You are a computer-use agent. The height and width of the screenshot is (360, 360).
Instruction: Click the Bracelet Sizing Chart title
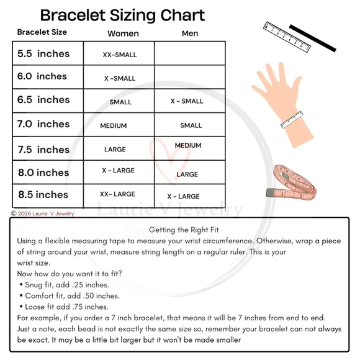tap(122, 16)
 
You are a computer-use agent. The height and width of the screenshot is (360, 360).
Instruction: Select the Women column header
tap(123, 34)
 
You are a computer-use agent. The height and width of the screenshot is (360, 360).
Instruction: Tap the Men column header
tap(190, 34)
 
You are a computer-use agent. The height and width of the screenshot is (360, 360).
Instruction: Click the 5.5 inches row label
tap(43, 54)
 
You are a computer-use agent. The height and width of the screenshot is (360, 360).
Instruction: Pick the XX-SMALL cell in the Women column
tap(120, 55)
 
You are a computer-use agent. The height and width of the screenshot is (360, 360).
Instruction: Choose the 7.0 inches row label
tap(43, 124)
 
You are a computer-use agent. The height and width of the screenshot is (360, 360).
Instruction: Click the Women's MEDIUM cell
tap(114, 126)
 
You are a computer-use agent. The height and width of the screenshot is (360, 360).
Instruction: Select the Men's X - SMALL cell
tap(187, 101)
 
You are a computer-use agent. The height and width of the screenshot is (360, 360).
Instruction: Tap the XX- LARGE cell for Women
tap(117, 194)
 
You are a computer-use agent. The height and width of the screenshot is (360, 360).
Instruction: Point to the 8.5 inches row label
tap(43, 195)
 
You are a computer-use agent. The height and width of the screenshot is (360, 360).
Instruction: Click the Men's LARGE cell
tap(187, 174)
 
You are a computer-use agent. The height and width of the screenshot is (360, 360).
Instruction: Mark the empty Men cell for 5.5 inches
tap(190, 53)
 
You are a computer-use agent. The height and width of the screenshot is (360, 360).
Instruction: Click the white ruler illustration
tap(287, 37)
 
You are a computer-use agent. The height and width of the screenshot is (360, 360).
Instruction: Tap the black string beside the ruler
tap(312, 38)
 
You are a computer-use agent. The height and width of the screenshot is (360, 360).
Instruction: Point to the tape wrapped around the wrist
tap(292, 119)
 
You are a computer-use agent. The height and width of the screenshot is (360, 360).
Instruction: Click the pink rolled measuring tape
tap(291, 182)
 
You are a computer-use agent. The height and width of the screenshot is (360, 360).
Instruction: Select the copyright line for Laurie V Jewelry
tap(42, 214)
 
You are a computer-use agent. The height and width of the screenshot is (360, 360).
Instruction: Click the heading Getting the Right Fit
tap(184, 230)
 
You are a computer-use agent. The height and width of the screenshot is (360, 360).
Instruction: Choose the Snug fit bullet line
tap(65, 285)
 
